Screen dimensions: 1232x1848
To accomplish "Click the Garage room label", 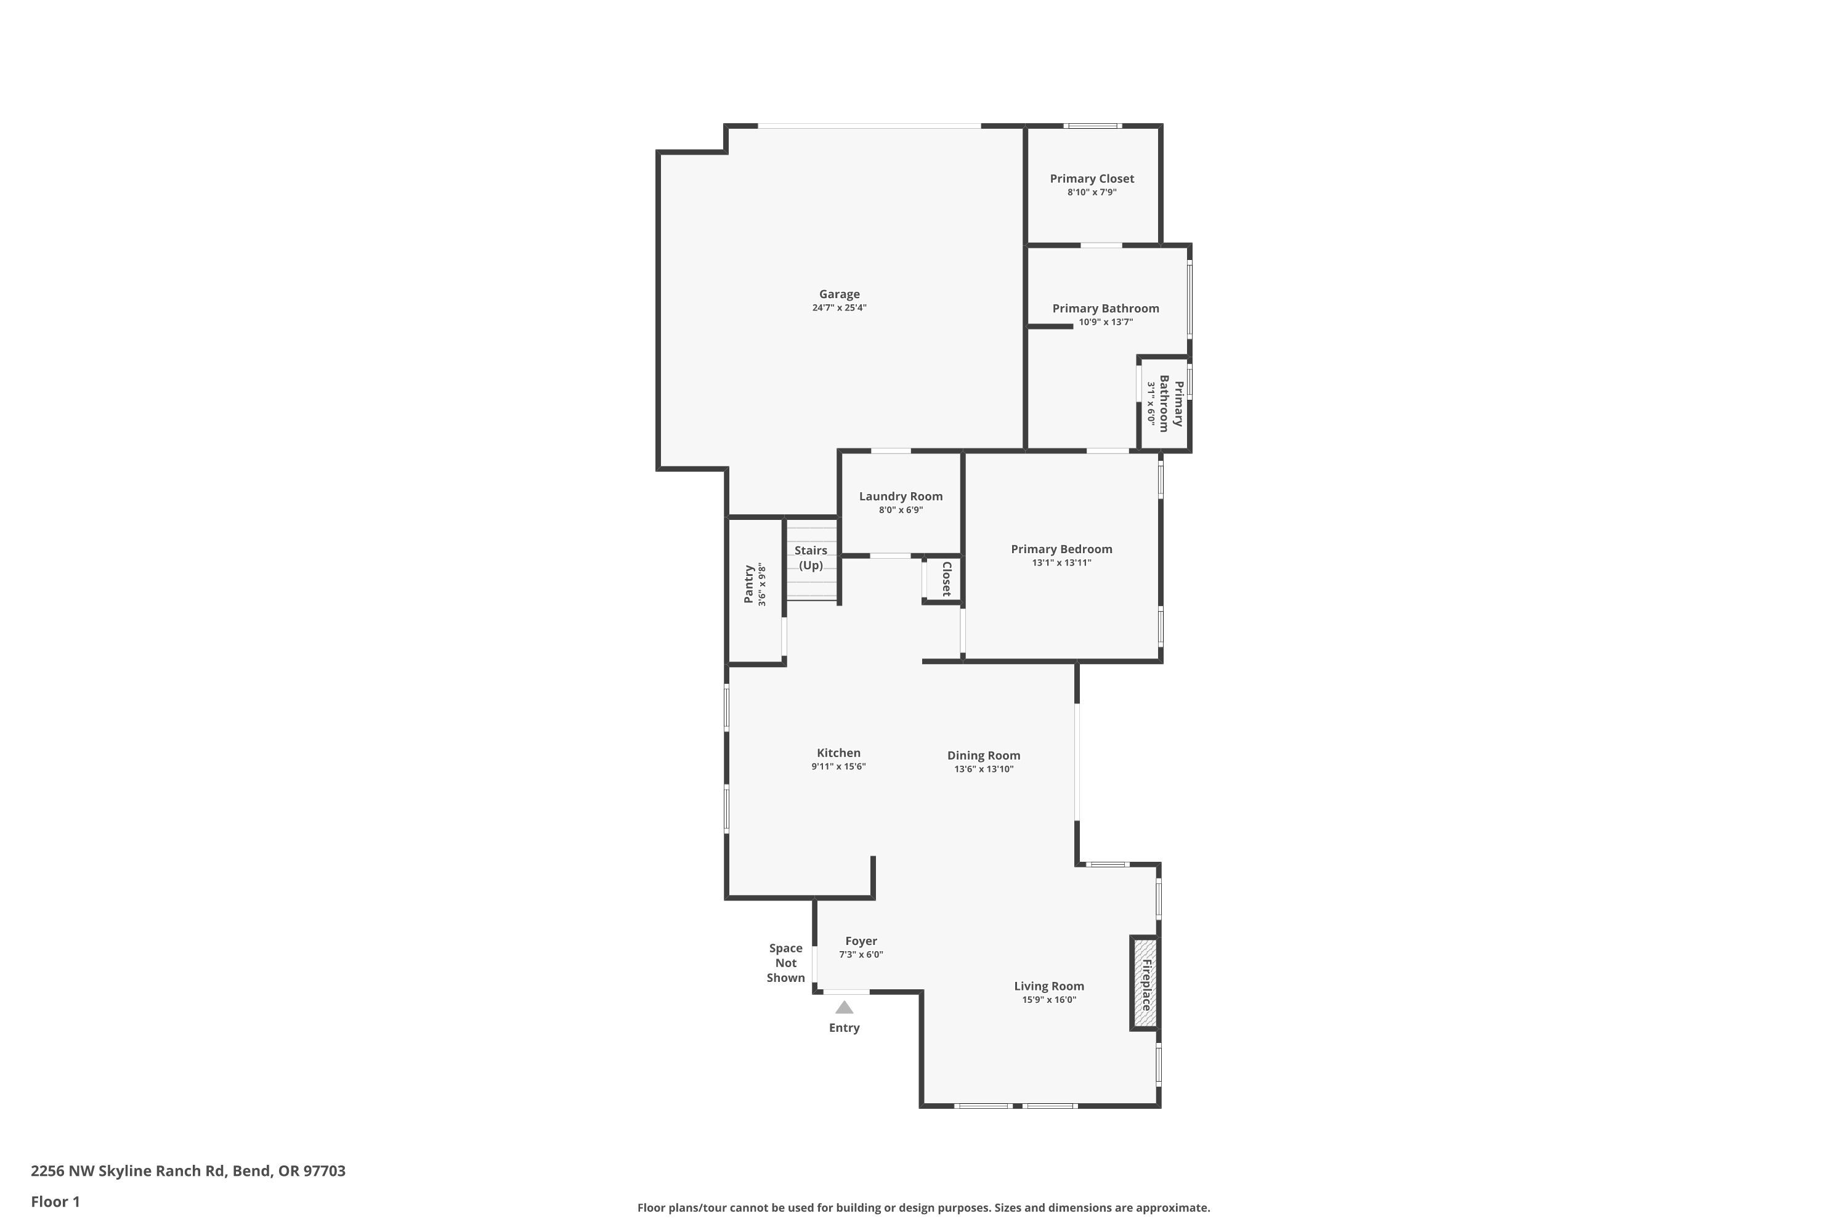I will [839, 294].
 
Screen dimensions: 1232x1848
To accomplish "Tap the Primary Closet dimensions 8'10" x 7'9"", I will [1092, 192].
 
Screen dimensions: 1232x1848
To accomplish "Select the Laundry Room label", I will [901, 496].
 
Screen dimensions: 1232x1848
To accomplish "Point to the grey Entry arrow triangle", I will [844, 1007].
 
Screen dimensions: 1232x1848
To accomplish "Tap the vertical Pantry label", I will [749, 584].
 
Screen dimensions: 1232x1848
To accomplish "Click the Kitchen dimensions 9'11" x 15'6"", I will [838, 767].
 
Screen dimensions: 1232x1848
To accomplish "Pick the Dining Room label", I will [983, 755].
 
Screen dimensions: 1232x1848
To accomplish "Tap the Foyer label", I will [861, 941].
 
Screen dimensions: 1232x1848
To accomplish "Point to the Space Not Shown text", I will [786, 962].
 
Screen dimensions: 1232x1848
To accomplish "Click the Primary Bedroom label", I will [1061, 548].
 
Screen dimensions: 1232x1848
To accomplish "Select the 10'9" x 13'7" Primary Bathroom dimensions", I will [1106, 322].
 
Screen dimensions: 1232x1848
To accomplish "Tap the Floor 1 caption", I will [55, 1201].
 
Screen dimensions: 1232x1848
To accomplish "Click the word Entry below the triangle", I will [844, 1027].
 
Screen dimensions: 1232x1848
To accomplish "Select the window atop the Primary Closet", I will [1092, 126].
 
